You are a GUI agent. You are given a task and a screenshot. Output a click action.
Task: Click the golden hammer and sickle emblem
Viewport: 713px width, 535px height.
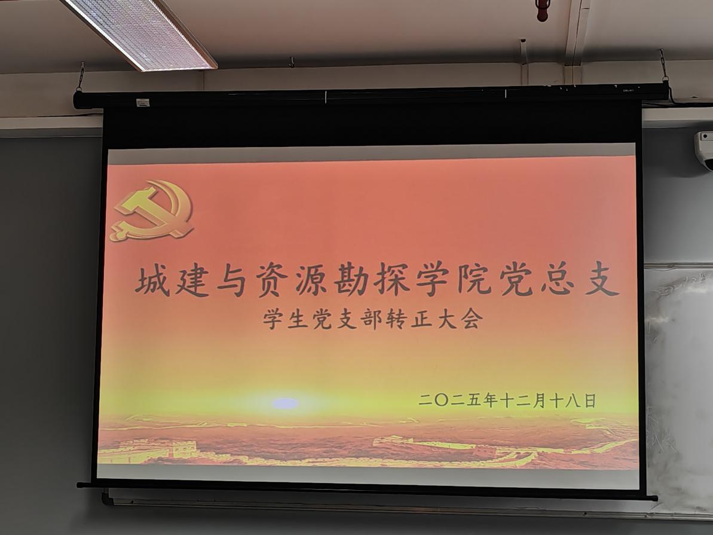pyautogui.click(x=152, y=210)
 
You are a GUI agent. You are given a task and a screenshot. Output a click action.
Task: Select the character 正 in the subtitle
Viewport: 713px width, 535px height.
pyautogui.click(x=421, y=319)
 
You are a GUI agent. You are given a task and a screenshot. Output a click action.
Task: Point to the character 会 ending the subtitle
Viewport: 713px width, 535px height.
pyautogui.click(x=470, y=319)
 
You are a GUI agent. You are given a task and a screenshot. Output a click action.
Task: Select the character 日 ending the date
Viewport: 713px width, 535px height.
pyautogui.click(x=589, y=401)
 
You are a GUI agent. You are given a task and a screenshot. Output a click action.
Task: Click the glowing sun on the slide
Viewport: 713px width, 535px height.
pyautogui.click(x=285, y=403)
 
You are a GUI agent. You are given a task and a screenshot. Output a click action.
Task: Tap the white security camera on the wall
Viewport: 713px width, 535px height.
pyautogui.click(x=704, y=149)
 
